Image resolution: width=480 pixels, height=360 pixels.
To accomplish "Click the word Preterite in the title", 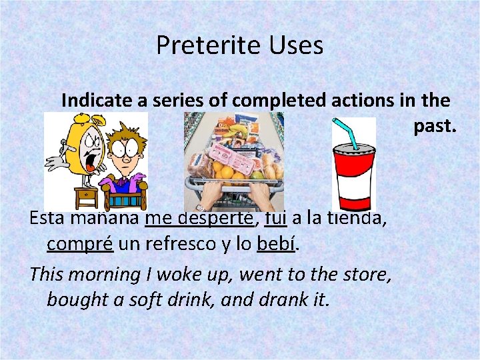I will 198,46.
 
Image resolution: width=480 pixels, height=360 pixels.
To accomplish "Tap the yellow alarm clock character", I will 74,153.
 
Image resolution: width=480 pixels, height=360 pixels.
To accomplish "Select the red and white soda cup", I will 353,177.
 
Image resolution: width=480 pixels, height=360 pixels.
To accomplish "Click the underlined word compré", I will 81,244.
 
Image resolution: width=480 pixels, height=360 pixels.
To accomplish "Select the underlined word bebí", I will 275,244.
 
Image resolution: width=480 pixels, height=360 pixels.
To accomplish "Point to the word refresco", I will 177,244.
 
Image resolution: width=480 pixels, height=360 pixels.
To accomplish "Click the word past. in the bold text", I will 435,125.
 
